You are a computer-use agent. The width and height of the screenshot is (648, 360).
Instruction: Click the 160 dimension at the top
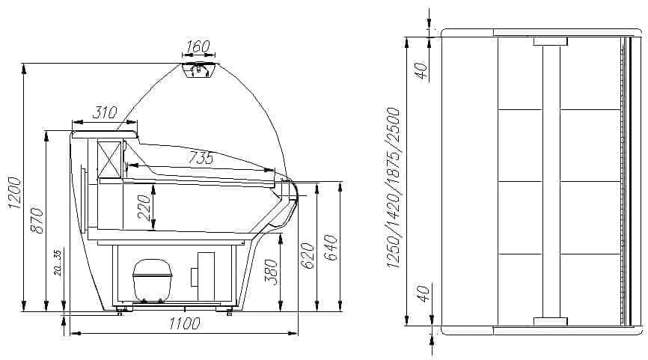point(198,46)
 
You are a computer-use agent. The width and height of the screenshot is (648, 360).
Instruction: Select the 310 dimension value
point(105,112)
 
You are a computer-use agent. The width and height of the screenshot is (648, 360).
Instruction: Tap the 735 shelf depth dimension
point(201,157)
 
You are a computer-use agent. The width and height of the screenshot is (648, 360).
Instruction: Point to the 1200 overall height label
point(14,192)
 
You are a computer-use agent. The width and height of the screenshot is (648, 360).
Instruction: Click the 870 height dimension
point(37,220)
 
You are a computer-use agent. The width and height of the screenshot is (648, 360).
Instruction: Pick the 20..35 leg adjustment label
point(58,263)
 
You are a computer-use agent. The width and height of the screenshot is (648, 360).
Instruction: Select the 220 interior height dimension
point(144,208)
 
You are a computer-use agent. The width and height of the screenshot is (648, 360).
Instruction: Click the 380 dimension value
point(271,272)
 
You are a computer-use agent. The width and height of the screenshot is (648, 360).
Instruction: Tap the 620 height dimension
point(307,255)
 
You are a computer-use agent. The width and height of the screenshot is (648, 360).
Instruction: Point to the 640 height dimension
point(330,248)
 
